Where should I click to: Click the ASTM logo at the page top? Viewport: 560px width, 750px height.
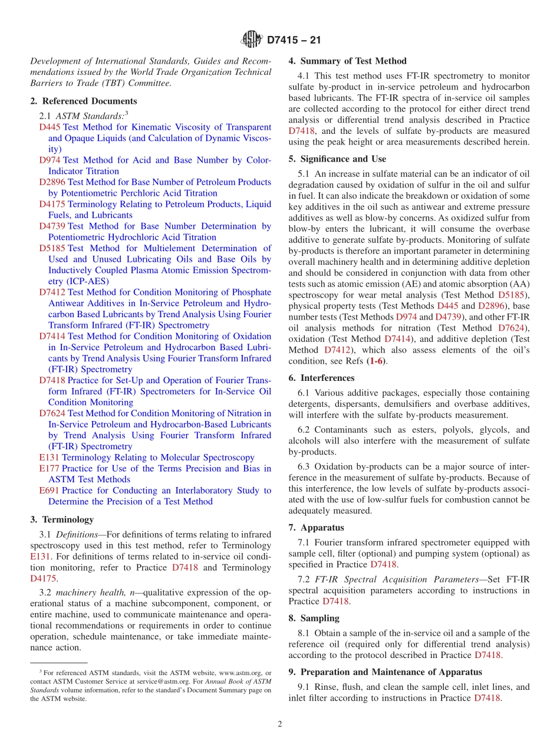click(x=251, y=40)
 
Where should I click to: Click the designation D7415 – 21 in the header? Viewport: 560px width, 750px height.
click(x=294, y=41)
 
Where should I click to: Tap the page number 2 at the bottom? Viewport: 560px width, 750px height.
click(x=280, y=724)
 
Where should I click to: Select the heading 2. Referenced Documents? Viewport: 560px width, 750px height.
click(x=83, y=101)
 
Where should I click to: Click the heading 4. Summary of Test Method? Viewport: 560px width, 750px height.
click(x=347, y=61)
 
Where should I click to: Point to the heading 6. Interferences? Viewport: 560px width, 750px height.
click(x=321, y=378)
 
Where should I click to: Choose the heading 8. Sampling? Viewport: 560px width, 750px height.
click(x=314, y=618)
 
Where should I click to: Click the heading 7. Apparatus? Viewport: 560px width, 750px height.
click(x=316, y=528)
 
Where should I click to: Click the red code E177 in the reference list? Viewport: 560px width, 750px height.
click(x=49, y=469)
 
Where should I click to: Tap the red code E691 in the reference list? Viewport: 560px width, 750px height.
click(x=49, y=491)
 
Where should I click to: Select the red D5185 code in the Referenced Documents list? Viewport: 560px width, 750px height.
click(x=52, y=248)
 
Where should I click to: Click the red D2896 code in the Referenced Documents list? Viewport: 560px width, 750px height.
click(x=52, y=182)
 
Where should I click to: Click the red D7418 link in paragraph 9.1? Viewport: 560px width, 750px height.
click(x=487, y=698)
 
